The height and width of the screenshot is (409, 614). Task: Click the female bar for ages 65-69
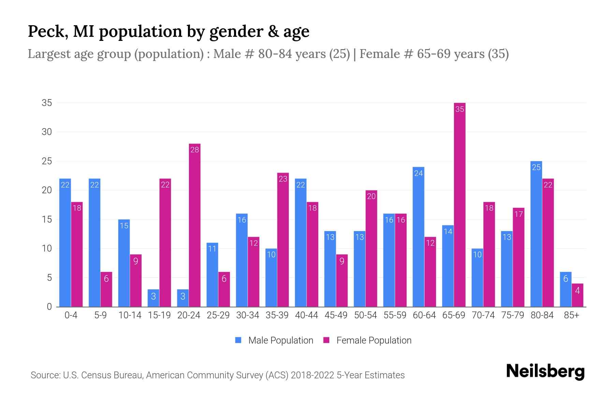click(x=459, y=204)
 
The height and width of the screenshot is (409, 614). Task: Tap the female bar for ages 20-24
click(x=194, y=225)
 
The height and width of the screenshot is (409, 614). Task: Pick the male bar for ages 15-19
click(x=153, y=298)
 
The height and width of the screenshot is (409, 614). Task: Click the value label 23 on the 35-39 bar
click(x=283, y=179)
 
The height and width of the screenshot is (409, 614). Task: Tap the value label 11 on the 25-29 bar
click(x=212, y=249)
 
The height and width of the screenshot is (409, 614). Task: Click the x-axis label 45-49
click(x=336, y=315)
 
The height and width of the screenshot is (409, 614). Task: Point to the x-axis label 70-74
click(x=483, y=315)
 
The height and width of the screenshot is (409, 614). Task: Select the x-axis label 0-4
click(x=71, y=315)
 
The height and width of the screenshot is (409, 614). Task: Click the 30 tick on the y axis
click(x=47, y=132)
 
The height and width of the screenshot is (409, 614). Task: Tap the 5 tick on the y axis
click(x=49, y=278)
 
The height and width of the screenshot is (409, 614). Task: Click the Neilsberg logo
click(x=545, y=372)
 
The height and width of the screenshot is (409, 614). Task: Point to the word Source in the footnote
click(x=45, y=375)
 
